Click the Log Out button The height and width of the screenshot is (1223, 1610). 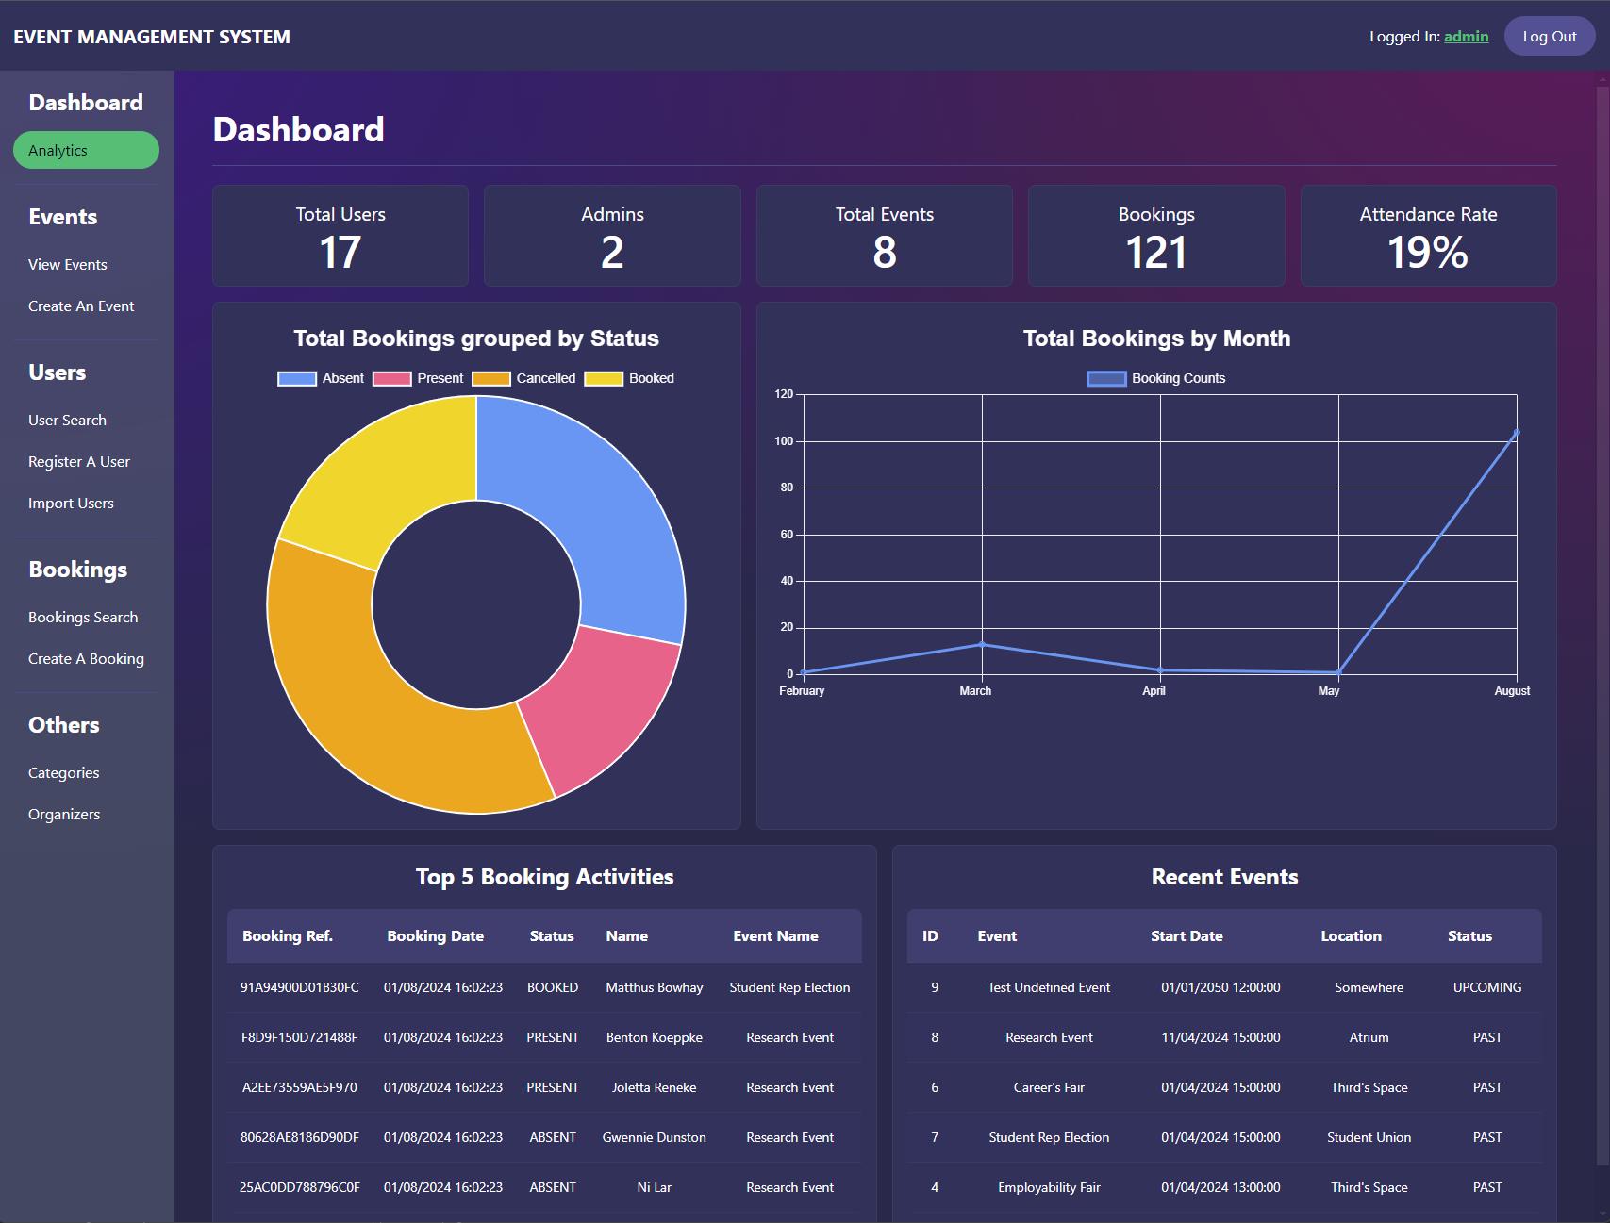1549,37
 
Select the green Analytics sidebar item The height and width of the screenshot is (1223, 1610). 86,150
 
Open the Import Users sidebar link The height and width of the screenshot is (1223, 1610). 71,504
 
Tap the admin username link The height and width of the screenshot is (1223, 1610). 1466,37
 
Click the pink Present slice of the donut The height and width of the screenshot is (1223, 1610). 604,707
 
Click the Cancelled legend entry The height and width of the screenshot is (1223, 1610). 524,378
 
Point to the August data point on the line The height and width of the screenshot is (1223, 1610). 1517,433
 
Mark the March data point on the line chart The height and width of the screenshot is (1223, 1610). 982,645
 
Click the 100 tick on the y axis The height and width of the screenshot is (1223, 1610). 784,441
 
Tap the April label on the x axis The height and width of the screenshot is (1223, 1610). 1154,691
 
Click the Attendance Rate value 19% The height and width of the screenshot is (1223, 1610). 1428,253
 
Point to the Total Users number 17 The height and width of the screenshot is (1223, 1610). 340,253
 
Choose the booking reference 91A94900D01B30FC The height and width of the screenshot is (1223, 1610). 300,987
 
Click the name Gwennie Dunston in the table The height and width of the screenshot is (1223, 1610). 655,1137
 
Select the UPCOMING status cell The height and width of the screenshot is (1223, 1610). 1487,987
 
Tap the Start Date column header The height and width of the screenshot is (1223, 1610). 1187,936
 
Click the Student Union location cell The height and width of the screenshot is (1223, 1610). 1369,1137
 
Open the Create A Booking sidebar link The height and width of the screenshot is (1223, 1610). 86,659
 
